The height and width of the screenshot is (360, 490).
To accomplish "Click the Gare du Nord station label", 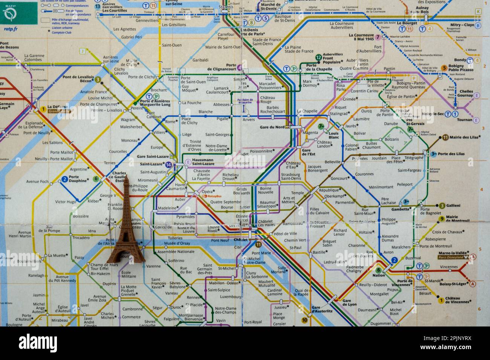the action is pos(272,127).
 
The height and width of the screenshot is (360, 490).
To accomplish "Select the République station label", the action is pos(329,190).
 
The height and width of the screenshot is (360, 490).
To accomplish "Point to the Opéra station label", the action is pos(207,192).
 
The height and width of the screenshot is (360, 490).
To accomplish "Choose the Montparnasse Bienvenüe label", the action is pos(191,317).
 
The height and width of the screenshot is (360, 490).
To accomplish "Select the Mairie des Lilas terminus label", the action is pos(465,137).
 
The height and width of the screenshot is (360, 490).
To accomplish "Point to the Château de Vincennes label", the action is pos(458,300).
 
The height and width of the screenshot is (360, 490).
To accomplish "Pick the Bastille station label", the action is pos(319,252).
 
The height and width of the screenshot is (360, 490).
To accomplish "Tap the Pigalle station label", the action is pos(222,119).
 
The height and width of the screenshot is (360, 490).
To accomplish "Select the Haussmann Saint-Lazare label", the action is pos(203,162).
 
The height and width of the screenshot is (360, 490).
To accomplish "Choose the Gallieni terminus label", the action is pos(453,205).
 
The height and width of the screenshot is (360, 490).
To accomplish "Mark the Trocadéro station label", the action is pos(81,238).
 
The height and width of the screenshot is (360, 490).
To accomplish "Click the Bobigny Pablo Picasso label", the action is pos(461,68).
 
